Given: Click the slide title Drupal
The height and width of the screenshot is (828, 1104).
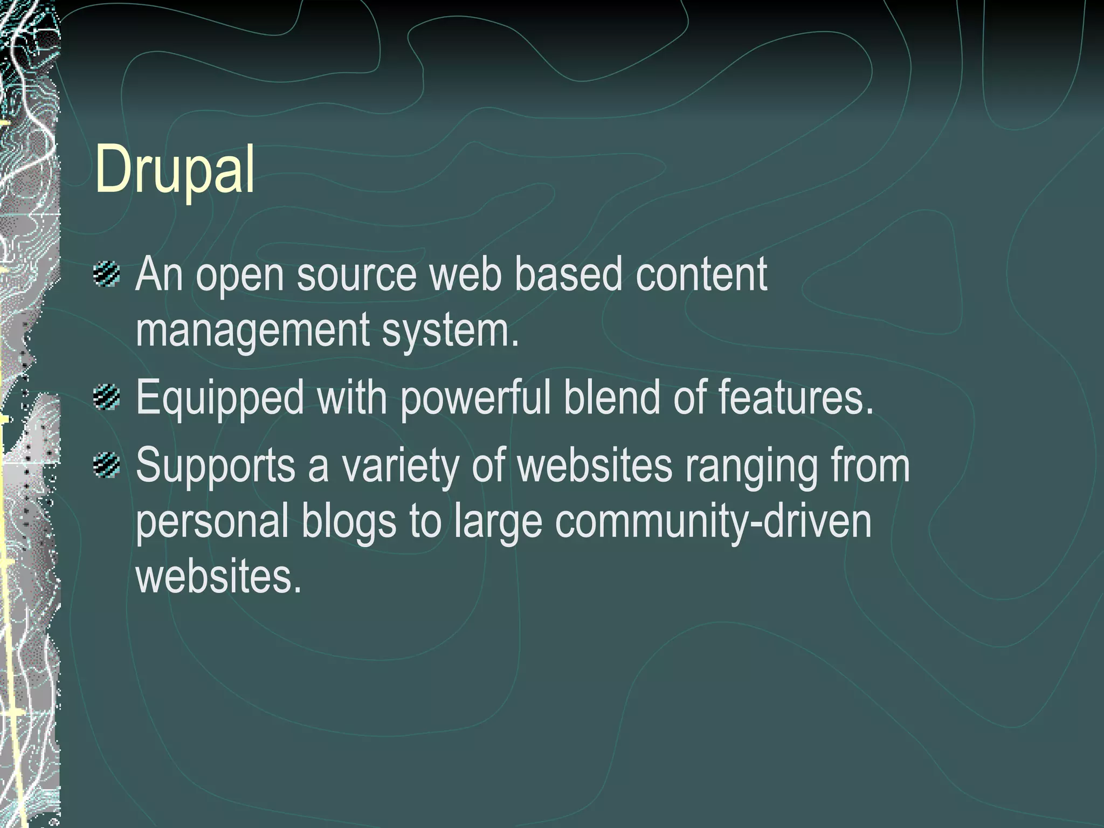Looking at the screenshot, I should coord(175,170).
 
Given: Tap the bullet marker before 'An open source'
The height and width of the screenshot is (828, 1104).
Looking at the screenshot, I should coord(106,274).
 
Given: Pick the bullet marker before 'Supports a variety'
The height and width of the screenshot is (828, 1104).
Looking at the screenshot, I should coord(106,465).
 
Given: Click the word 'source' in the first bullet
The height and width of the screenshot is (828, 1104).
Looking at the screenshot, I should coord(356,275).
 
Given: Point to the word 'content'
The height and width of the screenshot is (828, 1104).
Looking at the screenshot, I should coord(701,275).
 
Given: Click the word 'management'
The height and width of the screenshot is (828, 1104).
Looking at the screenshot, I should coord(252,330).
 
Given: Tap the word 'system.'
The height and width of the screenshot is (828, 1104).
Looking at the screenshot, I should coord(451,330).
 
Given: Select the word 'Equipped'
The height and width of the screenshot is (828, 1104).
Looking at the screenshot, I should coord(220,399).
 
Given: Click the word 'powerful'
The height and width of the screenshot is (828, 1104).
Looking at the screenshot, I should coord(475,399).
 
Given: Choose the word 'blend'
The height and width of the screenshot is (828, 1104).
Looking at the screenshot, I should coord(612,398).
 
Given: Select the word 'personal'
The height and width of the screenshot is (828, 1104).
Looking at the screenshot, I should coord(212,522).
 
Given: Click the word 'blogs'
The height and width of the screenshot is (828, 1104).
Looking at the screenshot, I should coord(349,522).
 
